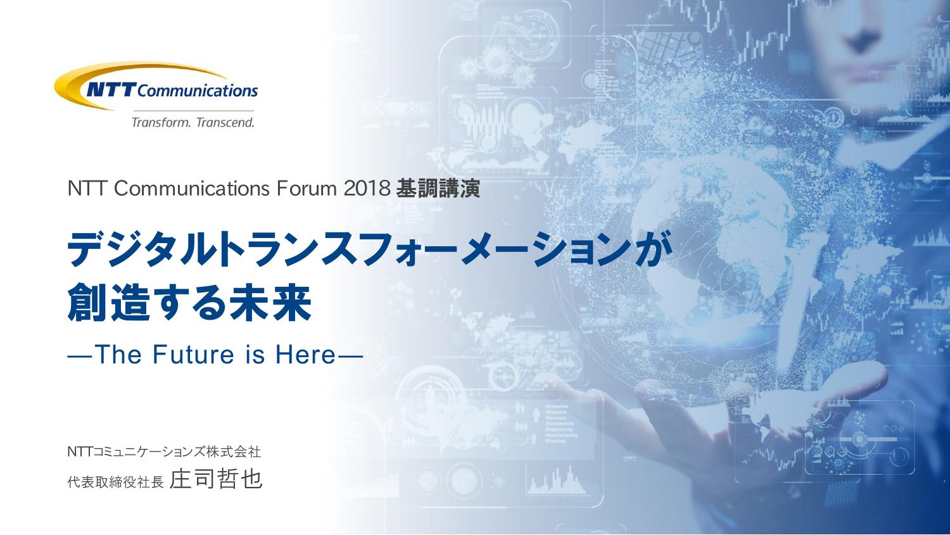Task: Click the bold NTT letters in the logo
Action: click(111, 91)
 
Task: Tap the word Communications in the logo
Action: click(198, 91)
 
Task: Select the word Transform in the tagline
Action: click(161, 123)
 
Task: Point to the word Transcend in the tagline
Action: click(225, 123)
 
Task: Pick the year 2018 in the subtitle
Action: click(367, 189)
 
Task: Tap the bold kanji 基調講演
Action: click(438, 189)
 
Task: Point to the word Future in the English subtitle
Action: click(193, 355)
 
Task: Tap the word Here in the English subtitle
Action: click(305, 355)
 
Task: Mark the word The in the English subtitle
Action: click(118, 355)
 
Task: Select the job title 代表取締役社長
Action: click(115, 482)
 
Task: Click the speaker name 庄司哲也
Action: click(216, 479)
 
